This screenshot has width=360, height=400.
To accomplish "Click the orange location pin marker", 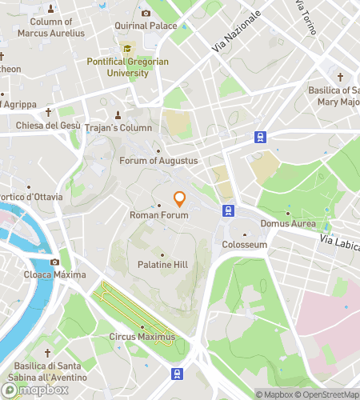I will tap(180, 199).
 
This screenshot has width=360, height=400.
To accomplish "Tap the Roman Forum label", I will tap(159, 215).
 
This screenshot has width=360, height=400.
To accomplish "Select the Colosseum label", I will tap(244, 244).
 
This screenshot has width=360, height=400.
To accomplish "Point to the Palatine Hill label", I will tap(158, 265).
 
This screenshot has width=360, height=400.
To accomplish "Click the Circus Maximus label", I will tap(142, 337).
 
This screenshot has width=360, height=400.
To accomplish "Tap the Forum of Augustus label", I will tap(158, 161).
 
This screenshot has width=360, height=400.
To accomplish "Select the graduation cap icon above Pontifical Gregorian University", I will tap(126, 48).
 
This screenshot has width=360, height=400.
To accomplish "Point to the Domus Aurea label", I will tap(287, 223).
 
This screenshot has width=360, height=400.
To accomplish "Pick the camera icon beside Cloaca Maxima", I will tap(55, 262).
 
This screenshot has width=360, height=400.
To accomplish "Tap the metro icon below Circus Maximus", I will tap(177, 374).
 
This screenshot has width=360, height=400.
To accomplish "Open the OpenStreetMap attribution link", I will tap(327, 394).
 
